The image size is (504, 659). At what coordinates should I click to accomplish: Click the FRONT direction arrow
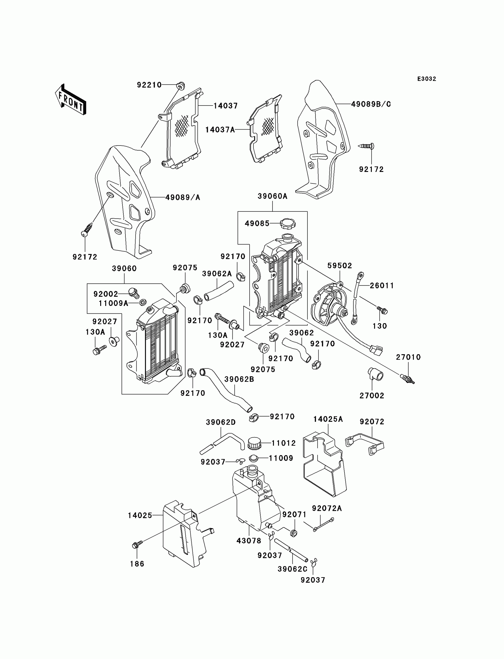[71, 100]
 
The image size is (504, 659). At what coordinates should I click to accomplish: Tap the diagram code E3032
[427, 79]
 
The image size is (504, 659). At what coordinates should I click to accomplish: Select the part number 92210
[149, 85]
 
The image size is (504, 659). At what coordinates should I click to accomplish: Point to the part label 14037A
[220, 130]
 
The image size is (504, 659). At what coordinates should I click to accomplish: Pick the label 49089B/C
[371, 104]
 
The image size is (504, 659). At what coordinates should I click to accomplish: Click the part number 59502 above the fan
[339, 265]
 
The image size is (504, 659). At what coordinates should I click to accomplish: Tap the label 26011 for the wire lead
[382, 285]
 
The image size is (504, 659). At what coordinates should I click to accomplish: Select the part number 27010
[408, 357]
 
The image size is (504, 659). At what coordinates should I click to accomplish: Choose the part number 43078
[249, 540]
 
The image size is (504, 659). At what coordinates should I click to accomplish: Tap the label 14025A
[328, 419]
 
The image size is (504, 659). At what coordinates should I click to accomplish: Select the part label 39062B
[239, 379]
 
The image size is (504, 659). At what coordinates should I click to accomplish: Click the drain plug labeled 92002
[133, 292]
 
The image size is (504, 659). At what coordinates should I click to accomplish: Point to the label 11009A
[113, 304]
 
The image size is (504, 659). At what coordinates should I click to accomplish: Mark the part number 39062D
[221, 422]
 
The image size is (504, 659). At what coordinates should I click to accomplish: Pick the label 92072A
[327, 508]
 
